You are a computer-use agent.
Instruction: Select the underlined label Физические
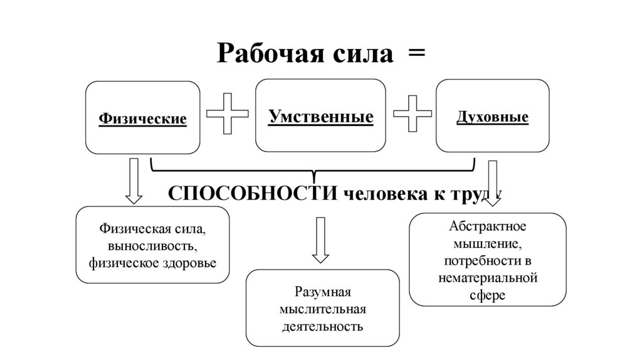click(x=143, y=119)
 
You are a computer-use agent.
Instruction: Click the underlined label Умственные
click(x=320, y=116)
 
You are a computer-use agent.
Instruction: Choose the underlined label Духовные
click(x=492, y=117)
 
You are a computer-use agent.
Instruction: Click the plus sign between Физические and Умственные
click(x=227, y=114)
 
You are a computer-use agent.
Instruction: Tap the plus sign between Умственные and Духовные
click(x=412, y=114)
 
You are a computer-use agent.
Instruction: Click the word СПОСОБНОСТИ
click(x=255, y=194)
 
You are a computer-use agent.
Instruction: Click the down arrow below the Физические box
click(x=134, y=181)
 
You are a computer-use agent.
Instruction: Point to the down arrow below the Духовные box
click(x=492, y=182)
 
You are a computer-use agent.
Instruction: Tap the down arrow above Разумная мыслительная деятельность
click(x=320, y=240)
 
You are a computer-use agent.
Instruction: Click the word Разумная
click(x=322, y=293)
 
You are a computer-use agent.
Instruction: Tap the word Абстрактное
click(x=487, y=226)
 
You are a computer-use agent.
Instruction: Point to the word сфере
click(x=487, y=294)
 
